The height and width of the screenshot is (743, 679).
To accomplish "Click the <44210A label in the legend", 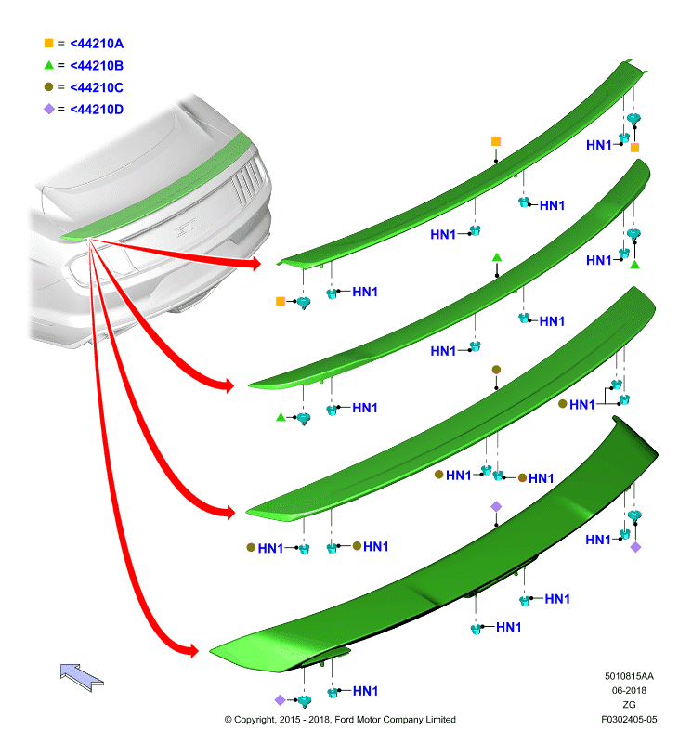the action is pos(97,44).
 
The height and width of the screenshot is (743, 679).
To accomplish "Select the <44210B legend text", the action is pos(97,65).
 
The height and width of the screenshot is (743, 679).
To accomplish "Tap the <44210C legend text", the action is pos(97,87).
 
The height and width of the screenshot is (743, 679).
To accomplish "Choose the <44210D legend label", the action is pos(97,110).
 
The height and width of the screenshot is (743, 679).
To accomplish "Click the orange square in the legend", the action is pos(48,43).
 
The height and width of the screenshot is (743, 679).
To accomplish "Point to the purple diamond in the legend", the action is pos(49,109).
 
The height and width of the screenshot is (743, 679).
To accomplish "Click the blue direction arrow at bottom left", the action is pos(82,677).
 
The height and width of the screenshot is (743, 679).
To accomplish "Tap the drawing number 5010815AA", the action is pos(629,676).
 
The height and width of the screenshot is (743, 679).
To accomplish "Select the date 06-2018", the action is pos(629,690).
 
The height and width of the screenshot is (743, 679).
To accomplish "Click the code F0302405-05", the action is pos(629,719).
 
